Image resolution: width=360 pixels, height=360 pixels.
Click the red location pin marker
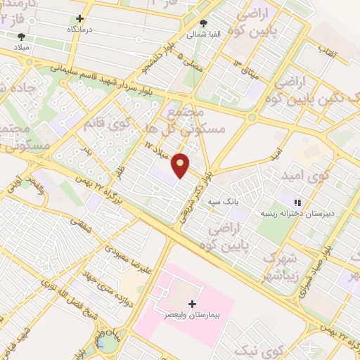(181, 165)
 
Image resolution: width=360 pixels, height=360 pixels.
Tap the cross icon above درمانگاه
(79, 19)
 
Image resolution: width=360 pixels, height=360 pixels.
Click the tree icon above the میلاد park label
(21, 35)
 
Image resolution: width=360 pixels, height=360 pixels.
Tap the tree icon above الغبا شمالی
(204, 23)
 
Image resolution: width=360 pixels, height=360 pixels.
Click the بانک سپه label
(223, 202)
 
